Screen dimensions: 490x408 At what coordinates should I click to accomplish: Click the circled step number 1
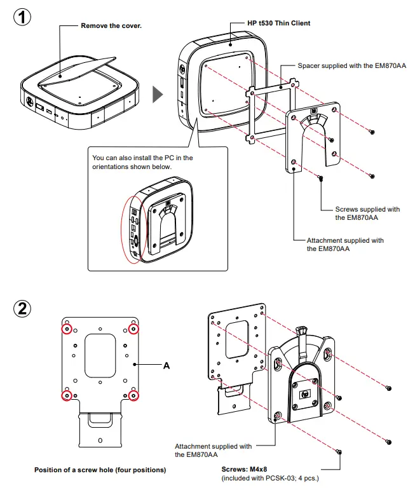pos(22,17)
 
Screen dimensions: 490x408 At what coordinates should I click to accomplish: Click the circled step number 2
pos(22,310)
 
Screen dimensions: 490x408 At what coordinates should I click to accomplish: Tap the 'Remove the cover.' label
pos(111,26)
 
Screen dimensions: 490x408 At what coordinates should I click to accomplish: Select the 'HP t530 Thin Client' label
pos(279,24)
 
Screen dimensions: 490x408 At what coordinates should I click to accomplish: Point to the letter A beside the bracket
pos(167,365)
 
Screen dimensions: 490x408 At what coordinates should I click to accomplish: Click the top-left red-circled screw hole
pos(66,329)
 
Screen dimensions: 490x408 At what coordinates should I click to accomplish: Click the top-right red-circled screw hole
pos(133,329)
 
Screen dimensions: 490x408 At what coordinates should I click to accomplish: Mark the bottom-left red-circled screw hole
pos(66,395)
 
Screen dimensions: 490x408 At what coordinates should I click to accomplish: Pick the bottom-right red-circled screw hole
pos(133,395)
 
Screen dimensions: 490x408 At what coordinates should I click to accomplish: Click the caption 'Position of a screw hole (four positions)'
pos(100,470)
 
